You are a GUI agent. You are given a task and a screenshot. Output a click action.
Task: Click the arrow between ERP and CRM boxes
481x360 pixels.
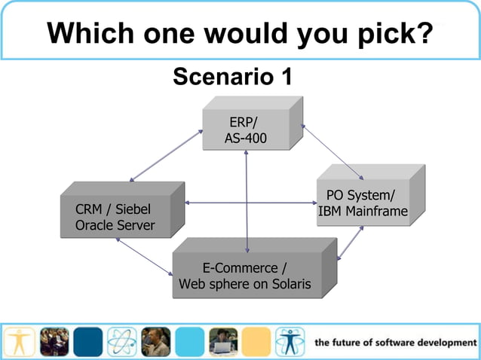(166, 156)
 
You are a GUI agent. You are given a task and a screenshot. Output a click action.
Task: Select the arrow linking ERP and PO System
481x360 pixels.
(332, 148)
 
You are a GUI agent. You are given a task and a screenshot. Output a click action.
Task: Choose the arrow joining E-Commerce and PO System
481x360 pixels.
(351, 243)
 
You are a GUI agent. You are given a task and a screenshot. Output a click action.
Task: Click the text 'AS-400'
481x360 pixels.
(246, 139)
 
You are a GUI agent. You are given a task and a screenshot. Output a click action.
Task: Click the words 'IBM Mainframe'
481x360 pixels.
(363, 212)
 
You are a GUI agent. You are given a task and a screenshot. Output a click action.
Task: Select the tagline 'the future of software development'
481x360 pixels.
(396, 343)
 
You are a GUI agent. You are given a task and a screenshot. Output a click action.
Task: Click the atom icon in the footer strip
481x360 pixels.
(121, 341)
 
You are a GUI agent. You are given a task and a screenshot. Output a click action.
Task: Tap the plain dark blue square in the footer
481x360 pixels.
(87, 341)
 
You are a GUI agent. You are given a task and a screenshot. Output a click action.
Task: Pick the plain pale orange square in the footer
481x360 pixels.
(256, 341)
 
